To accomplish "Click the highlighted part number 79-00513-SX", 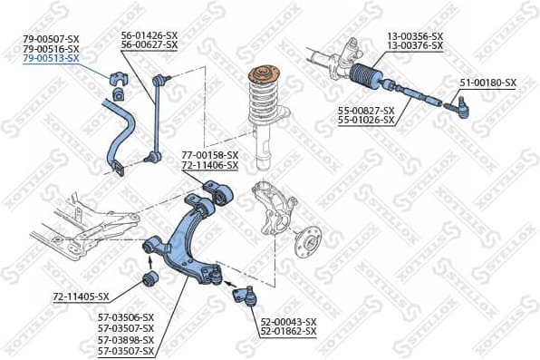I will pos(51,58).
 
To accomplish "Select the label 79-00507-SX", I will pos(51,37).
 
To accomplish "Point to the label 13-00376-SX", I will pos(415,44).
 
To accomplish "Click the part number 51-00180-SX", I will pos(487,83).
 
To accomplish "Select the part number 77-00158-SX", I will pos(209,155).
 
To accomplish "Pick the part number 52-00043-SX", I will pos(288,322).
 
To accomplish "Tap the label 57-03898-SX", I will pos(126,339).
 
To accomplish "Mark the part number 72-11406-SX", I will pos(209,166).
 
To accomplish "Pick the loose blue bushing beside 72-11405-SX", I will pos(152,277).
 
